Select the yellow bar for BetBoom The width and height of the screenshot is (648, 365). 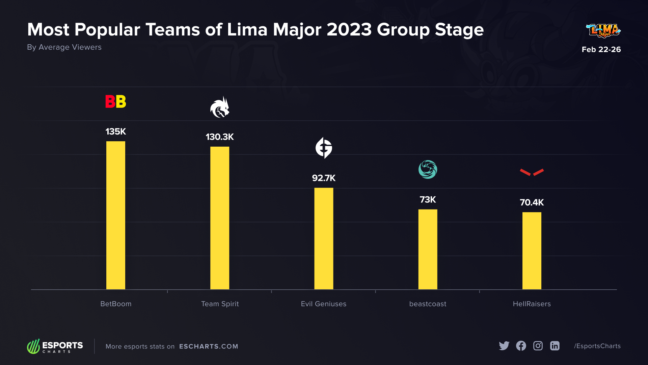[115, 215]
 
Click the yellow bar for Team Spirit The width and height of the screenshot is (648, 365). [220, 218]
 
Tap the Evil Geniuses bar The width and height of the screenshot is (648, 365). [324, 239]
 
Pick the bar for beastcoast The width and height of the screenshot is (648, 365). [428, 249]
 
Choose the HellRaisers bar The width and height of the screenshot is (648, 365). [532, 251]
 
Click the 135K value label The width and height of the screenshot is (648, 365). [115, 131]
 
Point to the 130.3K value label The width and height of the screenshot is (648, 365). [220, 137]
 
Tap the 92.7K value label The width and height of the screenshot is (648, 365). [324, 178]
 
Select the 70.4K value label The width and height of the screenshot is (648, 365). [532, 202]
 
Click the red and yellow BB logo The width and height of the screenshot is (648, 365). [115, 101]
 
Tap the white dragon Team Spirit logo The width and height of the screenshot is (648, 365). [220, 107]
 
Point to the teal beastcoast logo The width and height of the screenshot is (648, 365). [428, 169]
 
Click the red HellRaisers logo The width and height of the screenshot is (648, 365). [532, 172]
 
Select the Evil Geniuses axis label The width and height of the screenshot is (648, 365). [324, 304]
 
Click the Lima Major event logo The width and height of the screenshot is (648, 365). [603, 31]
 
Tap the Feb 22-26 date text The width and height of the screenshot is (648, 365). [601, 49]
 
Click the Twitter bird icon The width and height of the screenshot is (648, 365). [504, 346]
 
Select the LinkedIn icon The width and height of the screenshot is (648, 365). [555, 346]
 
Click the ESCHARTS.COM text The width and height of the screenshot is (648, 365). [209, 346]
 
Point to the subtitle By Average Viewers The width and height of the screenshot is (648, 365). [64, 47]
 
